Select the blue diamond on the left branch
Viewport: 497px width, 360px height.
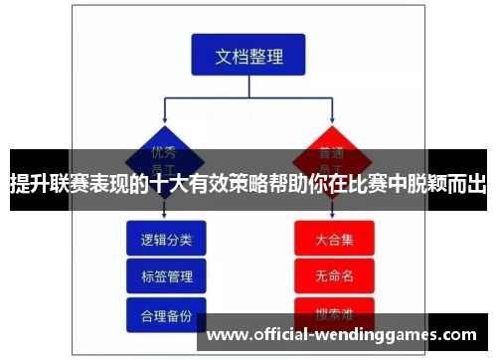point(165,144)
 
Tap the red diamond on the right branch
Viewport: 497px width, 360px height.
point(333,144)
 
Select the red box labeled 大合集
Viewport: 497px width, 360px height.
point(334,239)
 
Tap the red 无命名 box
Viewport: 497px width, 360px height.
point(334,274)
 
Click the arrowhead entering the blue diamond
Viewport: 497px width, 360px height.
point(165,117)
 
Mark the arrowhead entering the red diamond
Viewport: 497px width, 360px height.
point(333,117)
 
